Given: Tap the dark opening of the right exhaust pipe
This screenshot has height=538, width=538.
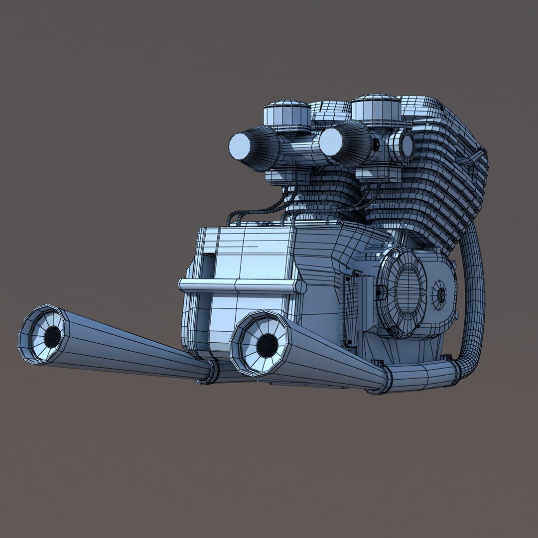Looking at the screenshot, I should point(267,343).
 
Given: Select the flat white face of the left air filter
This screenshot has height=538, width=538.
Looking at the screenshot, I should point(241,146).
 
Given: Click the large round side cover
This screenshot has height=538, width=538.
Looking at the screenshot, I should point(402,292).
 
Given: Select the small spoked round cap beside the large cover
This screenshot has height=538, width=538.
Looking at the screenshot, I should point(440,294).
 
